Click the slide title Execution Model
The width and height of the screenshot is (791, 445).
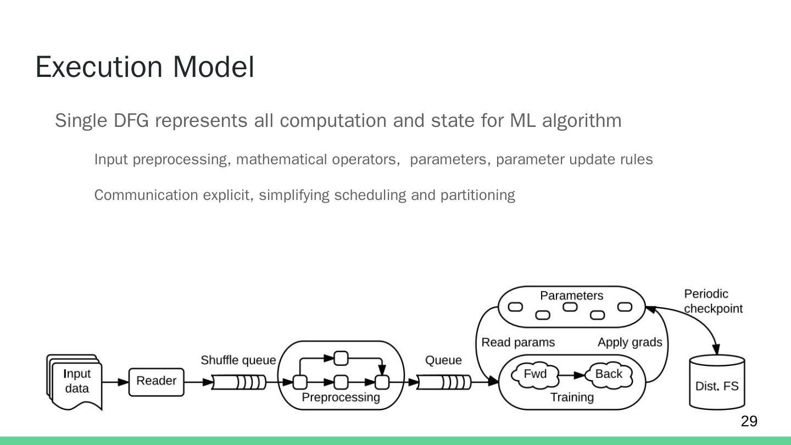click(x=144, y=67)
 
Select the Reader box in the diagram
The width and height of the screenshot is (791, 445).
click(x=156, y=381)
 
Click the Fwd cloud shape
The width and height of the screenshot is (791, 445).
click(x=535, y=375)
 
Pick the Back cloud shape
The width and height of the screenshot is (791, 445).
click(x=609, y=375)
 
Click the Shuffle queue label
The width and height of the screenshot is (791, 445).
click(x=238, y=360)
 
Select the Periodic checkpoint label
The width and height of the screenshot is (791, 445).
click(x=712, y=302)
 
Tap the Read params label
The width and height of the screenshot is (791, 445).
click(x=518, y=343)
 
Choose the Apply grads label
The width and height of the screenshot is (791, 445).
click(x=630, y=343)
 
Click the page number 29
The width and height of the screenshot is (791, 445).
click(x=749, y=421)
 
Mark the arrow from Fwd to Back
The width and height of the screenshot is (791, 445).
click(x=572, y=376)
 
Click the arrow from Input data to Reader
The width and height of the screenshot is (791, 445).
click(x=115, y=381)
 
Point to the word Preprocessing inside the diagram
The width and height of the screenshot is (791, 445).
click(x=341, y=397)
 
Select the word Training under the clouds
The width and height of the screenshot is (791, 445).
click(x=572, y=397)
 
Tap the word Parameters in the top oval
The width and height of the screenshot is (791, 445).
click(x=571, y=296)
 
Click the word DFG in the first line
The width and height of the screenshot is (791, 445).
click(x=131, y=120)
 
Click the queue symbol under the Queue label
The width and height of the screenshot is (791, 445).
click(x=444, y=382)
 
